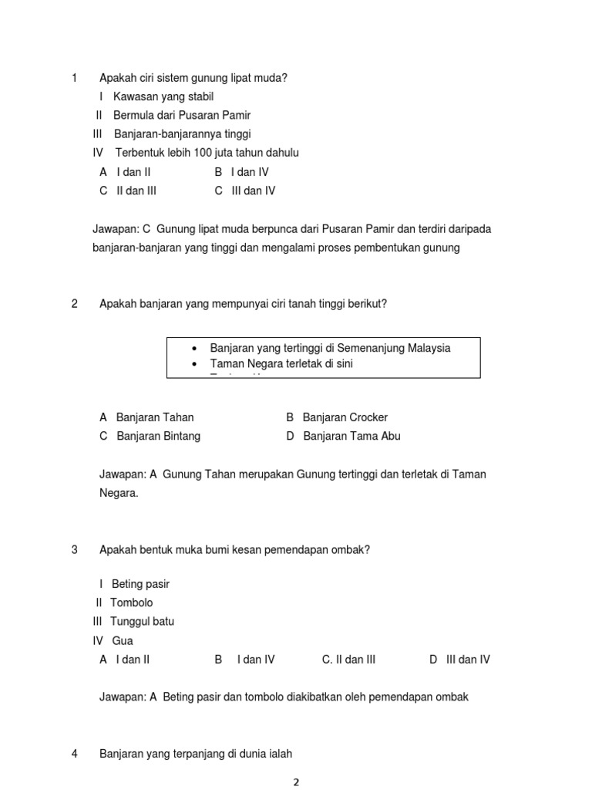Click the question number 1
(x=74, y=78)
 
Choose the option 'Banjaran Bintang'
(x=158, y=436)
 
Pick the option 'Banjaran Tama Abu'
(x=351, y=436)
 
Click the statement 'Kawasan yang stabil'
(x=163, y=96)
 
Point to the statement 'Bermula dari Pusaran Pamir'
(x=182, y=115)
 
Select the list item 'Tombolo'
(x=132, y=603)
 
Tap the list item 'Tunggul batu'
(x=142, y=622)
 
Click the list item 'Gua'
(x=123, y=640)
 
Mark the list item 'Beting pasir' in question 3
(x=140, y=584)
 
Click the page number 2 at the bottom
(x=295, y=782)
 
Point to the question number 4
(x=74, y=754)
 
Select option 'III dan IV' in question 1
(x=253, y=191)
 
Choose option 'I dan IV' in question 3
(x=255, y=660)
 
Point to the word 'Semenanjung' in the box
(x=365, y=348)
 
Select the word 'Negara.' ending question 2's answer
(x=119, y=493)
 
